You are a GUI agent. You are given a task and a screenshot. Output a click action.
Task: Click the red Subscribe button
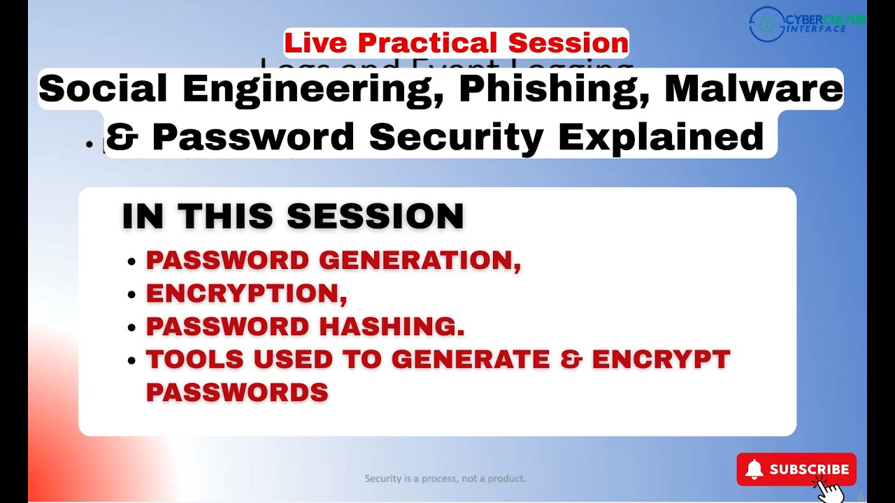click(x=796, y=469)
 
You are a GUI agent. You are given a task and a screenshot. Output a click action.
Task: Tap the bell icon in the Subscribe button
click(x=754, y=469)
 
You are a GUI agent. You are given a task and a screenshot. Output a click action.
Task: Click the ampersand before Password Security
click(x=122, y=136)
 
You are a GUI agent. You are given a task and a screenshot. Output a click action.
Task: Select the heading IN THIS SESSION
click(x=293, y=217)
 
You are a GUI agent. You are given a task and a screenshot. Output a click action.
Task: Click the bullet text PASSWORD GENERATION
click(x=333, y=261)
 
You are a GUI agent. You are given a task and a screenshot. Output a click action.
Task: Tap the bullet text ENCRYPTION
click(x=246, y=293)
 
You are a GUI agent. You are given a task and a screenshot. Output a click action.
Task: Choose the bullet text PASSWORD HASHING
click(x=305, y=326)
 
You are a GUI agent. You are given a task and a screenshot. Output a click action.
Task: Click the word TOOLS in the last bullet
click(x=195, y=359)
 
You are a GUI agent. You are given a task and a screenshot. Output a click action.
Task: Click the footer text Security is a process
click(x=445, y=479)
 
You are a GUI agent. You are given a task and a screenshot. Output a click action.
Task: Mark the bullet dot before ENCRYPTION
click(x=131, y=295)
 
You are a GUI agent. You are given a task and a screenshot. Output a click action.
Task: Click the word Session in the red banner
click(x=568, y=43)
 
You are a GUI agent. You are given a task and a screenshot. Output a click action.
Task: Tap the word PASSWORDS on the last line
click(x=237, y=392)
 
